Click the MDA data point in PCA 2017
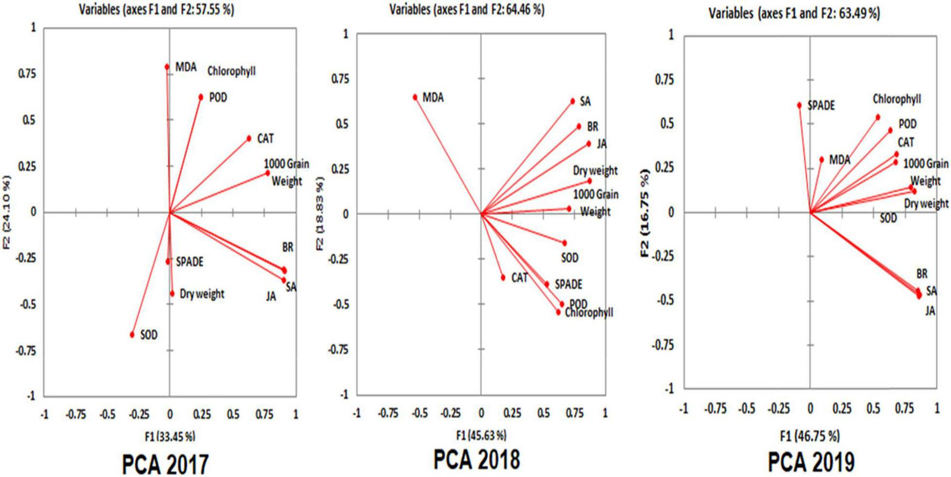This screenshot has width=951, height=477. tap(167, 67)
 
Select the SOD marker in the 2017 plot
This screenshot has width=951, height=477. tap(132, 335)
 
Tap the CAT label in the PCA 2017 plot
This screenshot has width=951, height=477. tap(265, 139)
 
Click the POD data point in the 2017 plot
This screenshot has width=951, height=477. tap(201, 97)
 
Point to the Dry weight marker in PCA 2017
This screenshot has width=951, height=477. tap(172, 293)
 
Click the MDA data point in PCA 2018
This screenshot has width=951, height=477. tap(415, 97)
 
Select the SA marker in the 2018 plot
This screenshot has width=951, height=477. tap(573, 101)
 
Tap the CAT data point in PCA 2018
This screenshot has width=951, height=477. tap(503, 277)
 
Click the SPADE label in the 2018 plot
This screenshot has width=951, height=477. tap(568, 284)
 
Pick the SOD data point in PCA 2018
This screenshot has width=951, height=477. tap(564, 243)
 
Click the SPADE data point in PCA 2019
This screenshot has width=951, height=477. tap(799, 105)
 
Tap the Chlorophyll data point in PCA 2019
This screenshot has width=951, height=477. tap(878, 117)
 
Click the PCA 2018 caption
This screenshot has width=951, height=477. tap(477, 459)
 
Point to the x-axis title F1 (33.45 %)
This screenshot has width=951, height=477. tap(170, 436)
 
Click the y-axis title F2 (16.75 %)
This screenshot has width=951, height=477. tap(645, 213)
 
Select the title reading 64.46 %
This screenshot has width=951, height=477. tap(466, 10)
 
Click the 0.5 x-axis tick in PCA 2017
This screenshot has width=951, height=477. tap(233, 414)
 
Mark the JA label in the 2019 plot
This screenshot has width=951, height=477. tap(930, 311)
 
